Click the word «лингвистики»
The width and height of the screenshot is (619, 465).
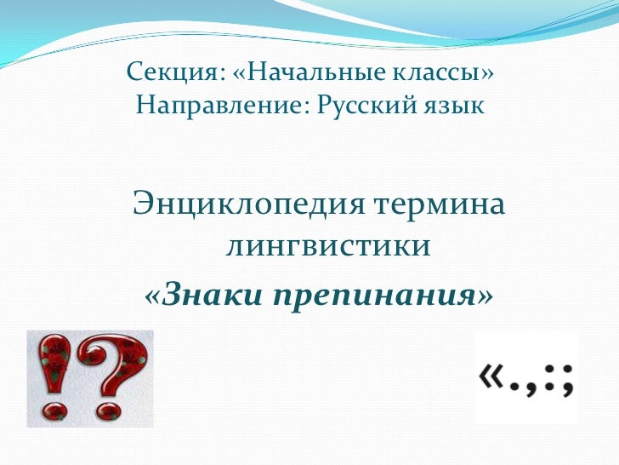coord(327,247)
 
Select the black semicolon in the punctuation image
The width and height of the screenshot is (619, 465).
coord(567,380)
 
